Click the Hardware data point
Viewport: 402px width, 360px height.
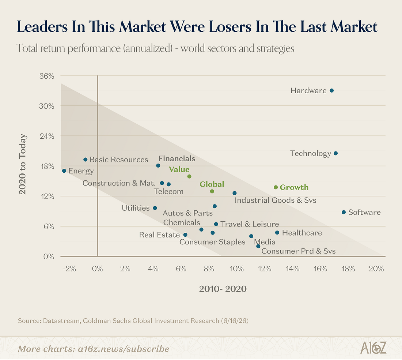coord(331,91)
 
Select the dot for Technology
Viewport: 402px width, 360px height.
coord(335,153)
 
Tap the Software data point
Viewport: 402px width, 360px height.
coord(344,212)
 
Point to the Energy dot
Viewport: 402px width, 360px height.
coord(64,171)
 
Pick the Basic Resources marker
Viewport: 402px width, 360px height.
coord(86,160)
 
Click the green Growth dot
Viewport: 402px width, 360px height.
coord(276,187)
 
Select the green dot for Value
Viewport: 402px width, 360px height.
coord(189,177)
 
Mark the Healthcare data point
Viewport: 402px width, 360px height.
coord(277,233)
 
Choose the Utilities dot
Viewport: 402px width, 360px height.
coord(155,208)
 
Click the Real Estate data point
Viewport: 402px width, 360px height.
coord(185,235)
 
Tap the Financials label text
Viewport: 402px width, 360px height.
coord(177,158)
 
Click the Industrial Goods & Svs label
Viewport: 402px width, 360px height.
coord(276,200)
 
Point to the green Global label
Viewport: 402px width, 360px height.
coord(212,184)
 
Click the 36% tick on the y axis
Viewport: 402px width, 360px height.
coord(47,76)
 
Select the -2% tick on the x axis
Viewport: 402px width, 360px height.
coord(69,269)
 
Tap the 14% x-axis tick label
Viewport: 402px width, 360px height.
coord(292,269)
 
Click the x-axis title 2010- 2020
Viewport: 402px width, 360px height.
coord(223,289)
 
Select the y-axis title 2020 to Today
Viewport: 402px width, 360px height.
coord(23,164)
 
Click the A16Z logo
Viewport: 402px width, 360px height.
coord(373,348)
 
